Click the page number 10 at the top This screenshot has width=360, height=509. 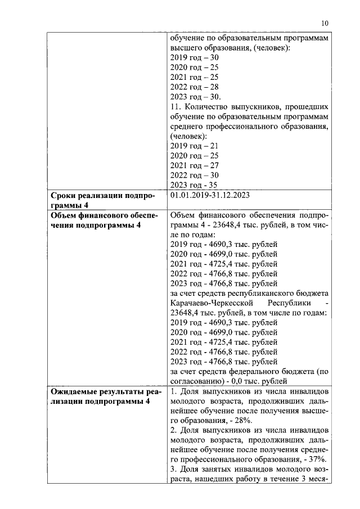(325, 23)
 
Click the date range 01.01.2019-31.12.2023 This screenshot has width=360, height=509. (210, 195)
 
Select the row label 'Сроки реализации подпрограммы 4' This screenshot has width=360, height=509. (102, 200)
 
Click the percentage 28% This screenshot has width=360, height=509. (244, 420)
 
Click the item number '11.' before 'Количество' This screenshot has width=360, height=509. (175, 106)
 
